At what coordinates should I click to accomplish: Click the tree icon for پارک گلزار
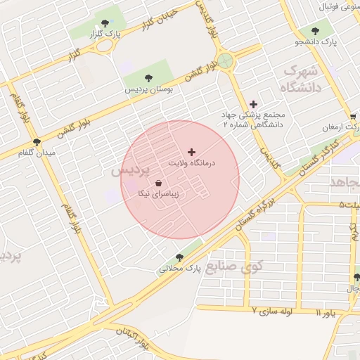105,23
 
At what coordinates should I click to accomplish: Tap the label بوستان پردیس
148,89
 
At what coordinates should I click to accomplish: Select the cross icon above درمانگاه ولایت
191,152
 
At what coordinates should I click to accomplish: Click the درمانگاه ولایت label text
191,162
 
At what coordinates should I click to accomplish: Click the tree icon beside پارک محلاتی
179,257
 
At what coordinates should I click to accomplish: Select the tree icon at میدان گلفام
37,142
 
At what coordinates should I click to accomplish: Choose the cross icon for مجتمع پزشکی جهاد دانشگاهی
253,104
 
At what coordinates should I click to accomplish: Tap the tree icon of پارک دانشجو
314,31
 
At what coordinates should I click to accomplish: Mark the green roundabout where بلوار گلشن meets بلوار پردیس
225,60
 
